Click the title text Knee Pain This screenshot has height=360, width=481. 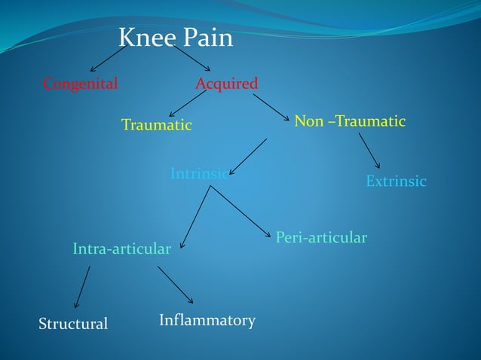pos(176,38)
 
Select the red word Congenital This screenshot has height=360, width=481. pos(80,84)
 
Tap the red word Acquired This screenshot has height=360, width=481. pos(226,84)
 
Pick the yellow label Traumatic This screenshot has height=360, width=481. pos(157,125)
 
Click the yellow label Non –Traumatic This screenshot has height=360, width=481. pos(350,121)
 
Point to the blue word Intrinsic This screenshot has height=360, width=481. pos(199,174)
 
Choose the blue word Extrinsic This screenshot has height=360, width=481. pos(396,182)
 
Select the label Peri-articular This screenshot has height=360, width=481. pos(321,238)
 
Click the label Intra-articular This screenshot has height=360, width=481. pos(121,249)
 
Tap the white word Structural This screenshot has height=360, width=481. pos(73,324)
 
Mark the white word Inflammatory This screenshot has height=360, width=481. pos(207,320)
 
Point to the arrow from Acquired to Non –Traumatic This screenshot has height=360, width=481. pos(271,107)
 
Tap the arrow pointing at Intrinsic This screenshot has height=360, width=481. pos(248,157)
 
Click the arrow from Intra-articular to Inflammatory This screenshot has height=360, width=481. pos(176,285)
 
